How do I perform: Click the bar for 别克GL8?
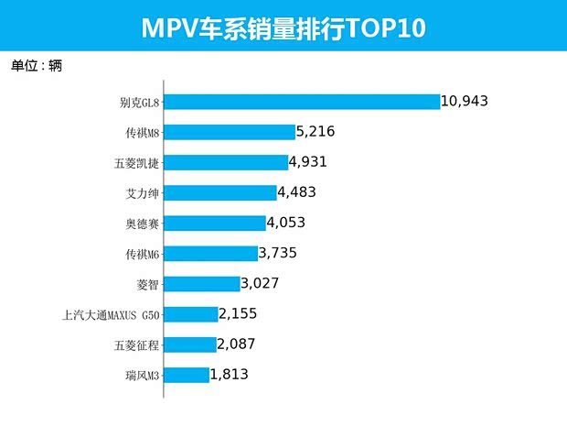[x=302, y=102]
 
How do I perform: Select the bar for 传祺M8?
[x=230, y=132]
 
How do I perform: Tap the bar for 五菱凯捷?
[x=226, y=162]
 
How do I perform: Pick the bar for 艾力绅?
[x=220, y=192]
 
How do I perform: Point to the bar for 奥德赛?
[x=214, y=223]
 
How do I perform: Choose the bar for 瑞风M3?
[x=187, y=374]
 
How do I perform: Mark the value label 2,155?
[x=239, y=313]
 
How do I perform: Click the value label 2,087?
[x=236, y=344]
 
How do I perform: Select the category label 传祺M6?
[x=142, y=254]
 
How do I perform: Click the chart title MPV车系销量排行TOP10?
[x=283, y=27]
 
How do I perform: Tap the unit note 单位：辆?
[x=37, y=66]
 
